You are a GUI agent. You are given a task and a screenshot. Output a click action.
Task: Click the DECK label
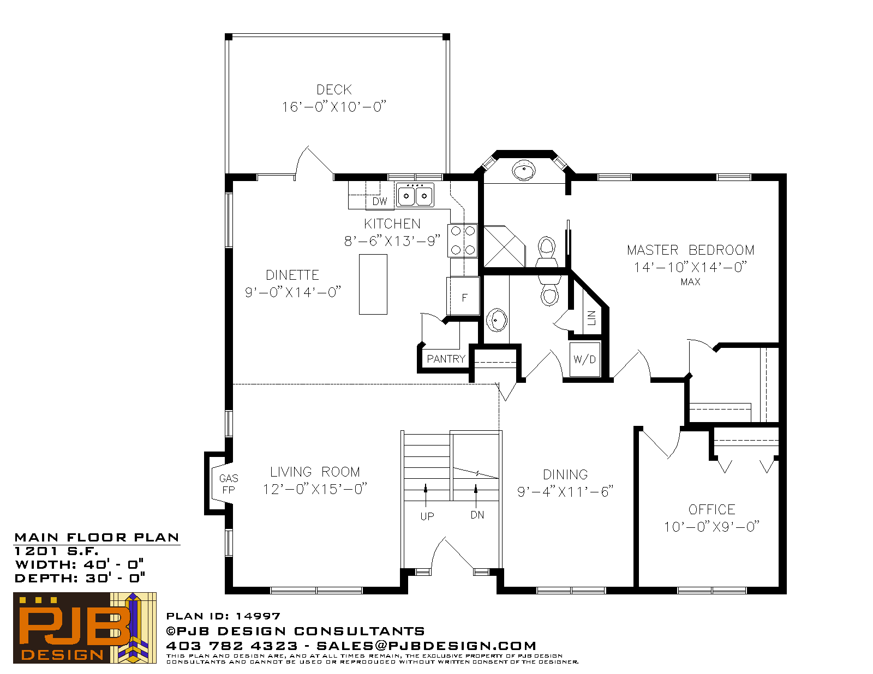tap(334, 89)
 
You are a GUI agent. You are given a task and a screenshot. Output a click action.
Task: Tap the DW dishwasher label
tap(380, 201)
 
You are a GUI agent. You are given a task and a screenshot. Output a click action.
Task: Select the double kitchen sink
tap(415, 195)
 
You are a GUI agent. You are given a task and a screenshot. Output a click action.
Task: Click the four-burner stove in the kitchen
tap(463, 240)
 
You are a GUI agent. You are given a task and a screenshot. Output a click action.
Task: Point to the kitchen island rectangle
tap(373, 284)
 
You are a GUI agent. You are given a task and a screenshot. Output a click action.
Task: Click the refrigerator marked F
tap(463, 296)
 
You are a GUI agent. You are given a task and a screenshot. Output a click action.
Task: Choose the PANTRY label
tap(446, 358)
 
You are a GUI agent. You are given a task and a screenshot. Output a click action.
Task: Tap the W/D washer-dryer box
tap(585, 359)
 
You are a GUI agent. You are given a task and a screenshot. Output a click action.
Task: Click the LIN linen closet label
tap(591, 317)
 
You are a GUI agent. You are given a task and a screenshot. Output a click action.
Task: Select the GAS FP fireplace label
tap(229, 484)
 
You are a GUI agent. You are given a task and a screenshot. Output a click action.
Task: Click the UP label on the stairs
tap(427, 516)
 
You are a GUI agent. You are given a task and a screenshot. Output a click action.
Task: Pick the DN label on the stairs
tap(477, 515)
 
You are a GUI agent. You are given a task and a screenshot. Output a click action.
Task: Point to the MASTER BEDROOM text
tap(691, 250)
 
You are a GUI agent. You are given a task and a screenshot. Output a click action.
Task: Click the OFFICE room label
tap(711, 509)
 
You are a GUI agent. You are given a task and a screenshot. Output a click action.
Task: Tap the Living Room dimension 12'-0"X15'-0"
tap(315, 489)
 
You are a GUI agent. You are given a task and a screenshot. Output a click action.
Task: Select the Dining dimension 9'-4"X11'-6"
tap(565, 492)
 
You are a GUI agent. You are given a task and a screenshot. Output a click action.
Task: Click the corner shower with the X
tap(505, 246)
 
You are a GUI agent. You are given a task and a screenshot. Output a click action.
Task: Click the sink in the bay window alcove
tap(523, 170)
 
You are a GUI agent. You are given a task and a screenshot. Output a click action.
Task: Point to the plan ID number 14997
tap(258, 616)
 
